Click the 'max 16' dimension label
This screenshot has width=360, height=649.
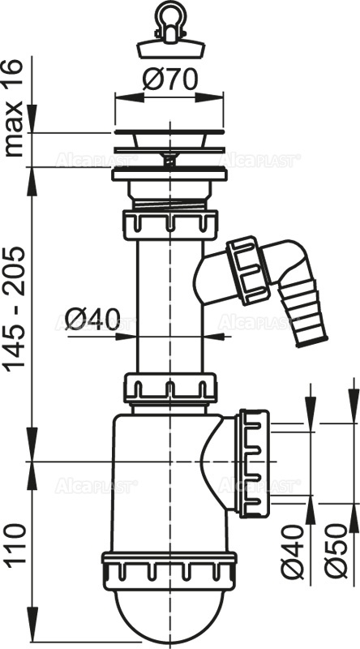coord(15,108)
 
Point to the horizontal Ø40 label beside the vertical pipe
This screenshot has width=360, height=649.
coord(93,318)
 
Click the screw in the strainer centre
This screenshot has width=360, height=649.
coord(169,160)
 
